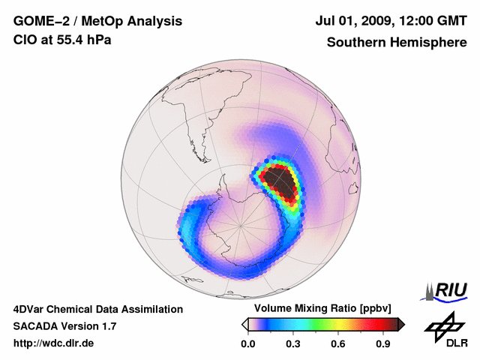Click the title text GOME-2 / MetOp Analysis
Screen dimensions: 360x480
[97, 21]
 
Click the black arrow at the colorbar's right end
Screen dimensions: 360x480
[401, 324]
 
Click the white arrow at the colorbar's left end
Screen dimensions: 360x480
[244, 324]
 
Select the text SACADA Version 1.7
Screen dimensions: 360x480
[64, 326]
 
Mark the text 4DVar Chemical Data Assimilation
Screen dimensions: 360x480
[98, 309]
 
